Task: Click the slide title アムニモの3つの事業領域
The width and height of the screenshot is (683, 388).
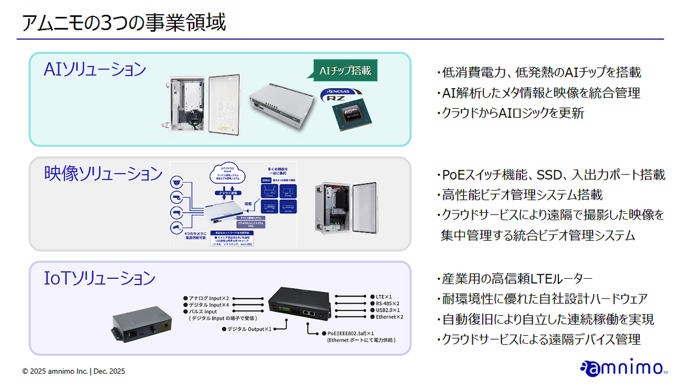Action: [x=124, y=23]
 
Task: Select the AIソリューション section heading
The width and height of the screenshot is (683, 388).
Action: [x=95, y=69]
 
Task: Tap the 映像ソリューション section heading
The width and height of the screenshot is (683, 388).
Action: [x=104, y=174]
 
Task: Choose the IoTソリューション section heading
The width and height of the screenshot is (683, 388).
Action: [x=100, y=278]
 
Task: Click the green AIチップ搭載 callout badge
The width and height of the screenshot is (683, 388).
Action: [x=345, y=71]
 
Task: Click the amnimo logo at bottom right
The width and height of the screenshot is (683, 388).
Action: [x=623, y=368]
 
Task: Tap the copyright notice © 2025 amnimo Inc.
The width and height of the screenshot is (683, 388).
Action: [x=73, y=372]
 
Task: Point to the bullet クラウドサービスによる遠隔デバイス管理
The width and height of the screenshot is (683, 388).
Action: [x=540, y=340]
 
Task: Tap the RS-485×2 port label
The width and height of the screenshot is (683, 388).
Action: [x=388, y=304]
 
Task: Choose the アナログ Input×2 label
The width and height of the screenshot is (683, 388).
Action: [x=208, y=298]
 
